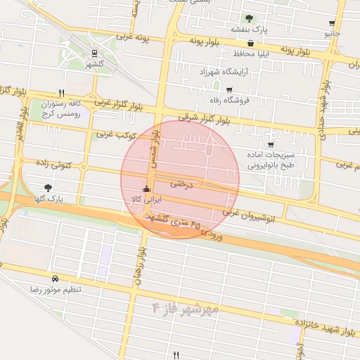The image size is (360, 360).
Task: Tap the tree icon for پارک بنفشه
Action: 247,18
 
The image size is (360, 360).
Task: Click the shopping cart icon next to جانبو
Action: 332,23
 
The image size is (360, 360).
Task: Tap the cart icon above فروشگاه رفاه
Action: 229,89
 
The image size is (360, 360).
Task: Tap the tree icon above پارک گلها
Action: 48,188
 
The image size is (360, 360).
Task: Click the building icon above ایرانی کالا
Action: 146,188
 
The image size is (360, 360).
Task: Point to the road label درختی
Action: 181,182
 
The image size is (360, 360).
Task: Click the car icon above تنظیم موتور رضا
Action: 55,278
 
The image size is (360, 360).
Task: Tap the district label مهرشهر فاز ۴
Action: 186,308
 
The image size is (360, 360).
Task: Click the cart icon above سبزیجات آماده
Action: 271,144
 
